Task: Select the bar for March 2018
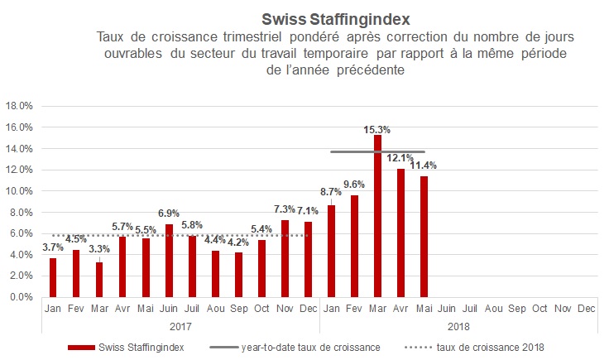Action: (377, 215)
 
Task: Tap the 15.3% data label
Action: (377, 129)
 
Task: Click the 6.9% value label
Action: (168, 214)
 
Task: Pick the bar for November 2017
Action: (285, 258)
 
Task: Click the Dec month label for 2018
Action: (586, 309)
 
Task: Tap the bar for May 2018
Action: (424, 237)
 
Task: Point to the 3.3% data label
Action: (99, 248)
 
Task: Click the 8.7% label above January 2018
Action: (332, 192)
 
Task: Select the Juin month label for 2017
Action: (168, 309)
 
